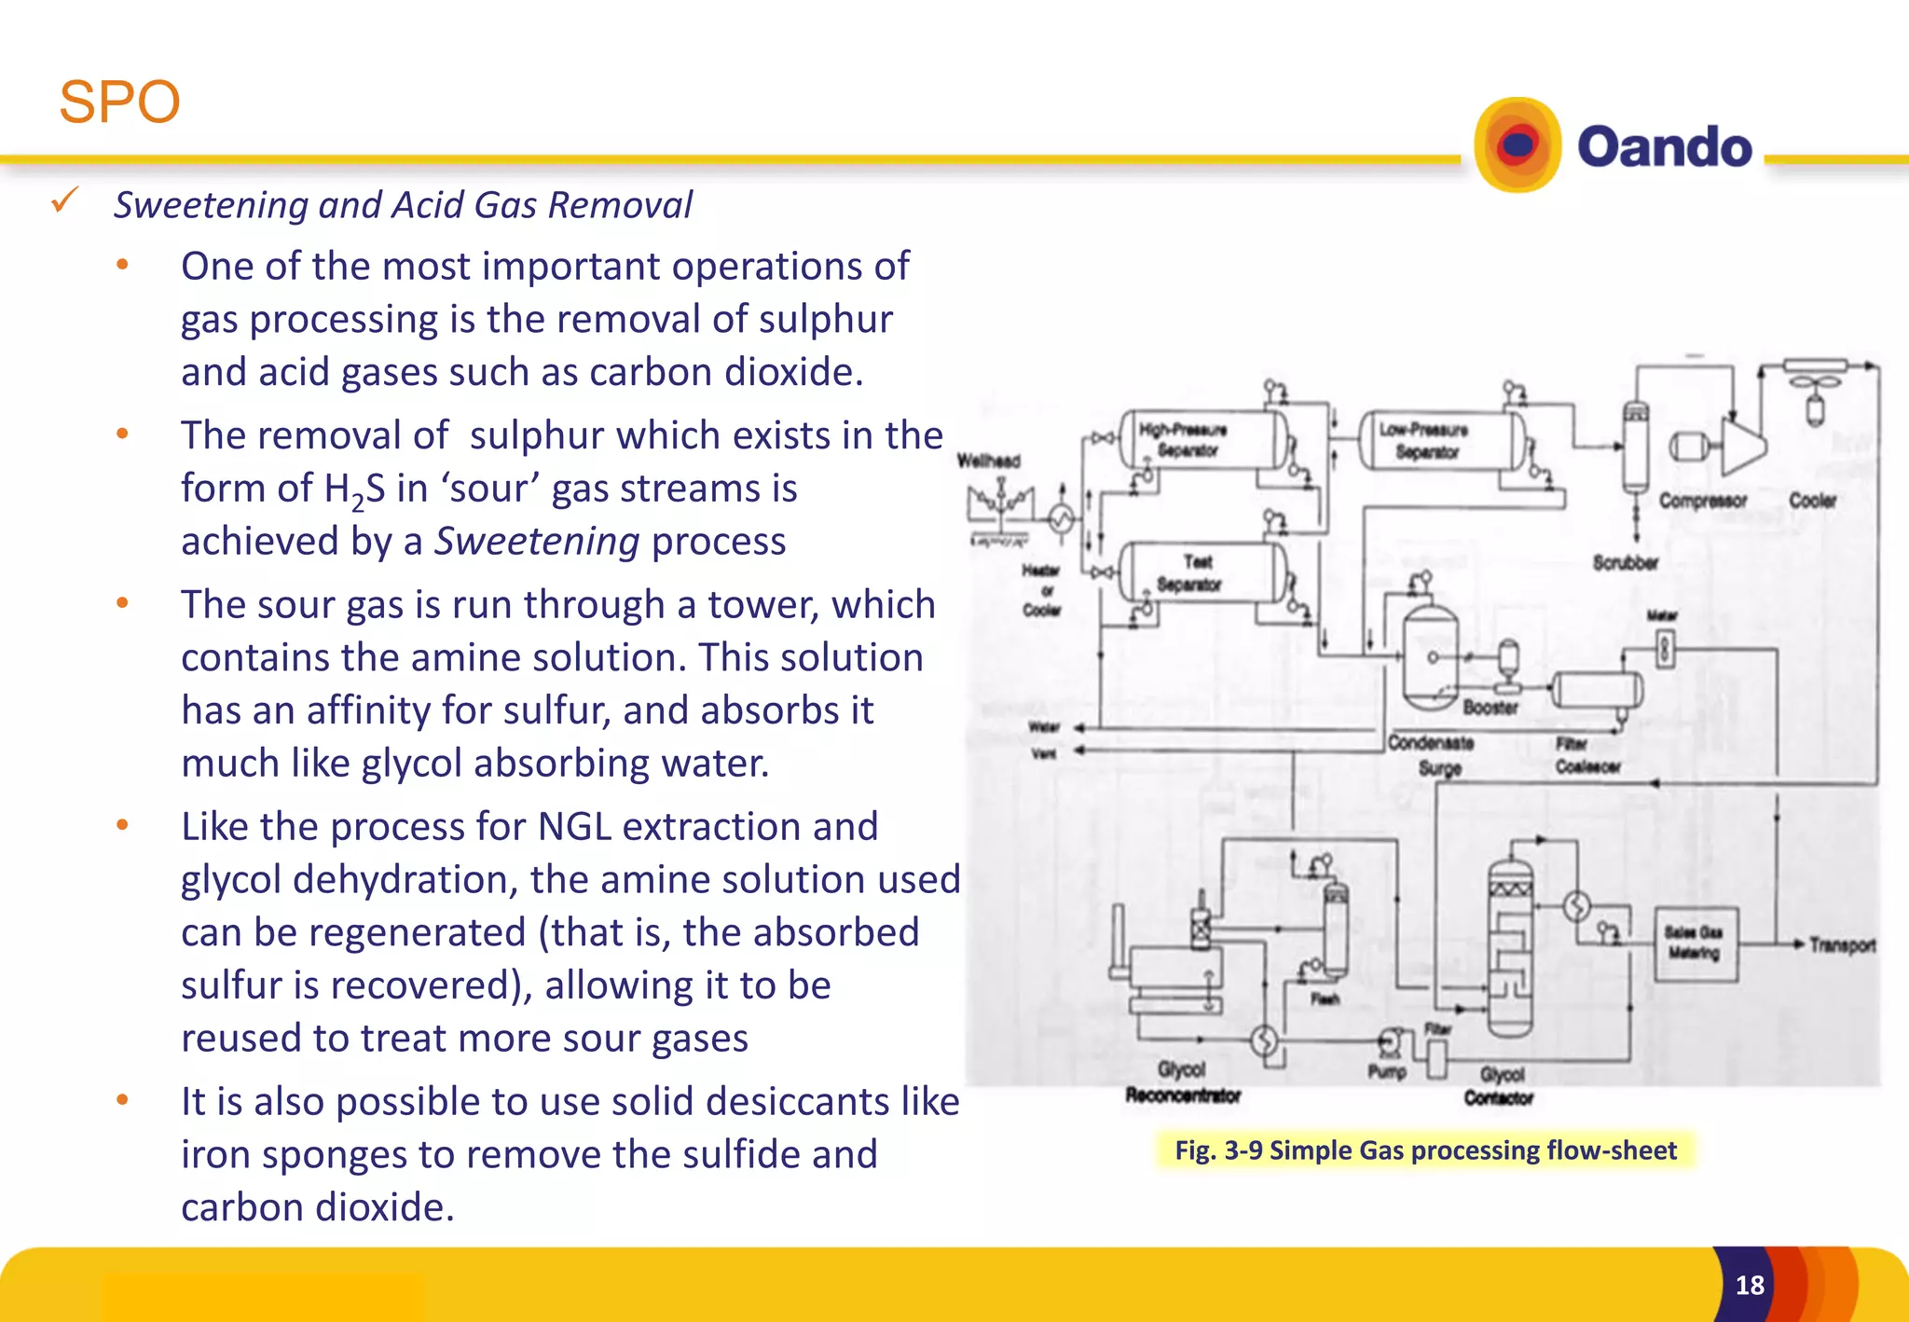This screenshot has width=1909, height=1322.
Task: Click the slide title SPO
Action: (x=119, y=102)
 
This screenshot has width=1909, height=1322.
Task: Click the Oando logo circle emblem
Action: (x=1518, y=145)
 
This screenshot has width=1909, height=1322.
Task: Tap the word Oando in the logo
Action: (x=1664, y=147)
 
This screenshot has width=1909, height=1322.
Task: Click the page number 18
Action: (x=1750, y=1286)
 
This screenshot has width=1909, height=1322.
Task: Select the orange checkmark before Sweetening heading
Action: (x=65, y=200)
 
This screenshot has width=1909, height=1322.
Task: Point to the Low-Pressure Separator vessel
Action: (x=1440, y=440)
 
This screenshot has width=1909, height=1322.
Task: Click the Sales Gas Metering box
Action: (x=1695, y=943)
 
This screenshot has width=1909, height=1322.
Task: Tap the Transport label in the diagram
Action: (x=1842, y=945)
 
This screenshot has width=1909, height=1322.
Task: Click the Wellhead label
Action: (x=989, y=461)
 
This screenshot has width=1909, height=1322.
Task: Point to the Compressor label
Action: (x=1702, y=501)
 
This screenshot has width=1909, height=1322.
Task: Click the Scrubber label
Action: (x=1625, y=562)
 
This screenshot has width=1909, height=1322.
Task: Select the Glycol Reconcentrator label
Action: (x=1182, y=1083)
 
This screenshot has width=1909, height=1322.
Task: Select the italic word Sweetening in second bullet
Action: (x=537, y=542)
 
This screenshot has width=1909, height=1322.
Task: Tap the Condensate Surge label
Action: (x=1431, y=755)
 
